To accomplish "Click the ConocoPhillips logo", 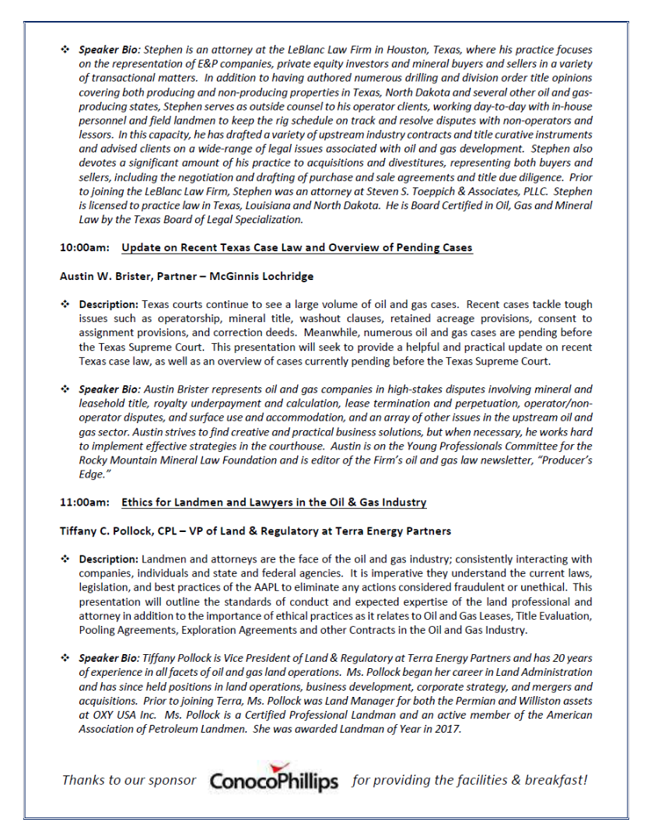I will pos(274,780).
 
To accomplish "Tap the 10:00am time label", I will pos(83,248).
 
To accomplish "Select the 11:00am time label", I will pos(83,502).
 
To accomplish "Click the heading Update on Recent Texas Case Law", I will pos(296,248).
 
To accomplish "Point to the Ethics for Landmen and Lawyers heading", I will pos(274,502).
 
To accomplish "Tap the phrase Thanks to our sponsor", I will pos(129,780).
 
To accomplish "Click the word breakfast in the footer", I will pos(547,780).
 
